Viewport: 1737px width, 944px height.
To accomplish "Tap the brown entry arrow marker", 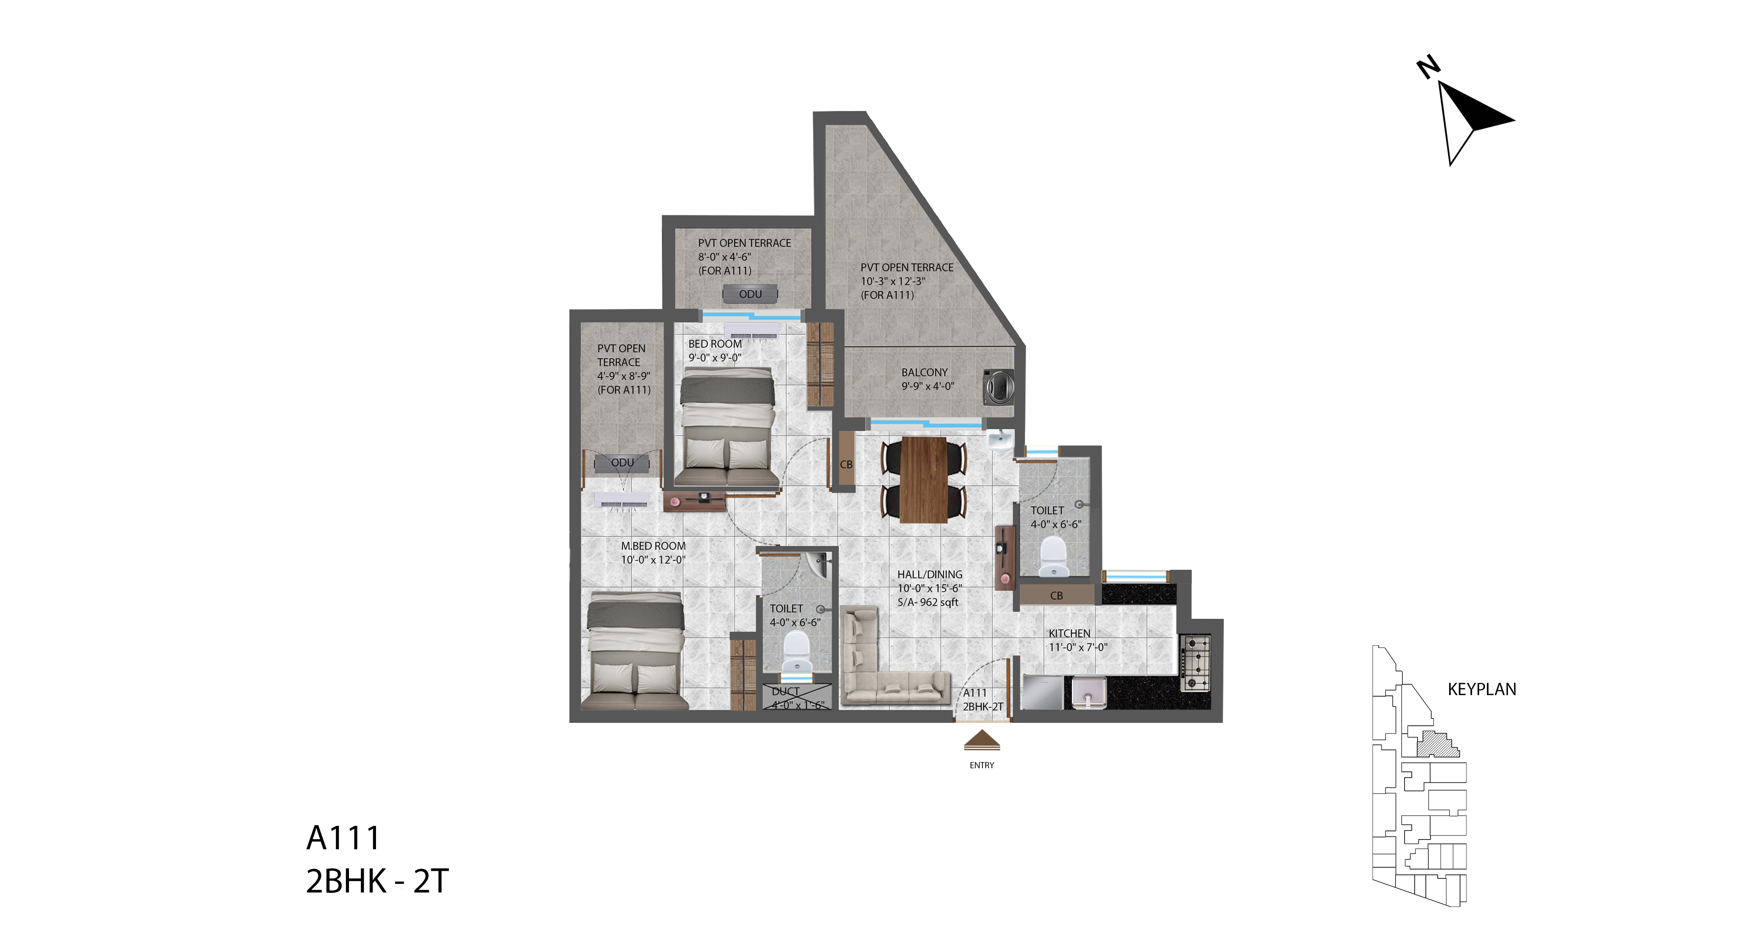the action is point(982,741).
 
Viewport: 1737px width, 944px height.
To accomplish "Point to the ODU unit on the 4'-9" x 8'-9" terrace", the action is point(622,462).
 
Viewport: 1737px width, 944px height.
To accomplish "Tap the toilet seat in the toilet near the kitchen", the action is point(1053,556).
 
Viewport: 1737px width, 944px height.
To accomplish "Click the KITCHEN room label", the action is point(1069,633).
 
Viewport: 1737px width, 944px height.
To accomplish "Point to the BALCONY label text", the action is point(925,372).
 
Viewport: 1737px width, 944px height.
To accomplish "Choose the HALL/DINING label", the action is point(930,574).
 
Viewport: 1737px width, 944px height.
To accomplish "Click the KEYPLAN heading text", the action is point(1482,689).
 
